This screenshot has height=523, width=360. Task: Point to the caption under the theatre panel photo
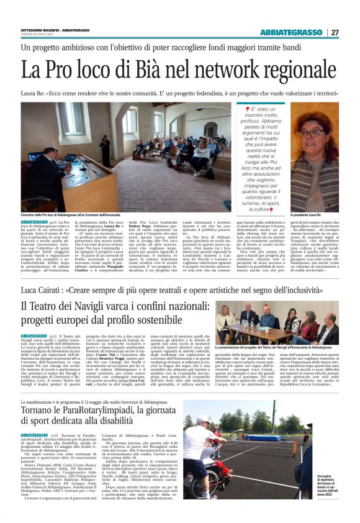(277, 347)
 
